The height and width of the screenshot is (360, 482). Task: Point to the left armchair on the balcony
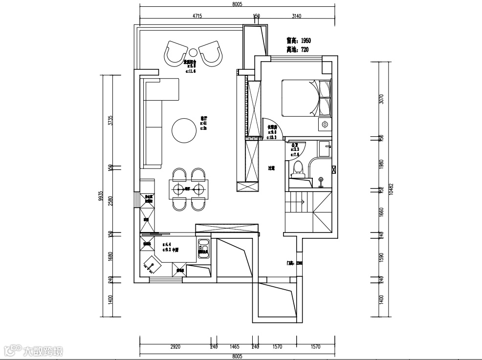click(x=176, y=53)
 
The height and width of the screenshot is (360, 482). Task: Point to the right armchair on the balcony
click(x=210, y=53)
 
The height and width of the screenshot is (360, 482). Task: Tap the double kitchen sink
click(x=203, y=248)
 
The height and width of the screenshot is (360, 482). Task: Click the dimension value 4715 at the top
click(x=197, y=16)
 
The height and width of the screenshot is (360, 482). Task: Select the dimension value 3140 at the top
click(x=296, y=16)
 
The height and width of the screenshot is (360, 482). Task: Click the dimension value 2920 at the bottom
click(x=175, y=347)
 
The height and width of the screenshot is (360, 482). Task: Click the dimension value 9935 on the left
click(x=100, y=196)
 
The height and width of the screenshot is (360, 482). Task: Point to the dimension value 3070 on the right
click(x=382, y=99)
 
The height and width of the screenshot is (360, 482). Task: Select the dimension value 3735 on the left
click(x=111, y=121)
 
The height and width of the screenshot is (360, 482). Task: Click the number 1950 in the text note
click(x=306, y=41)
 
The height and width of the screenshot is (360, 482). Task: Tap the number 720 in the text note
click(x=305, y=50)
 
